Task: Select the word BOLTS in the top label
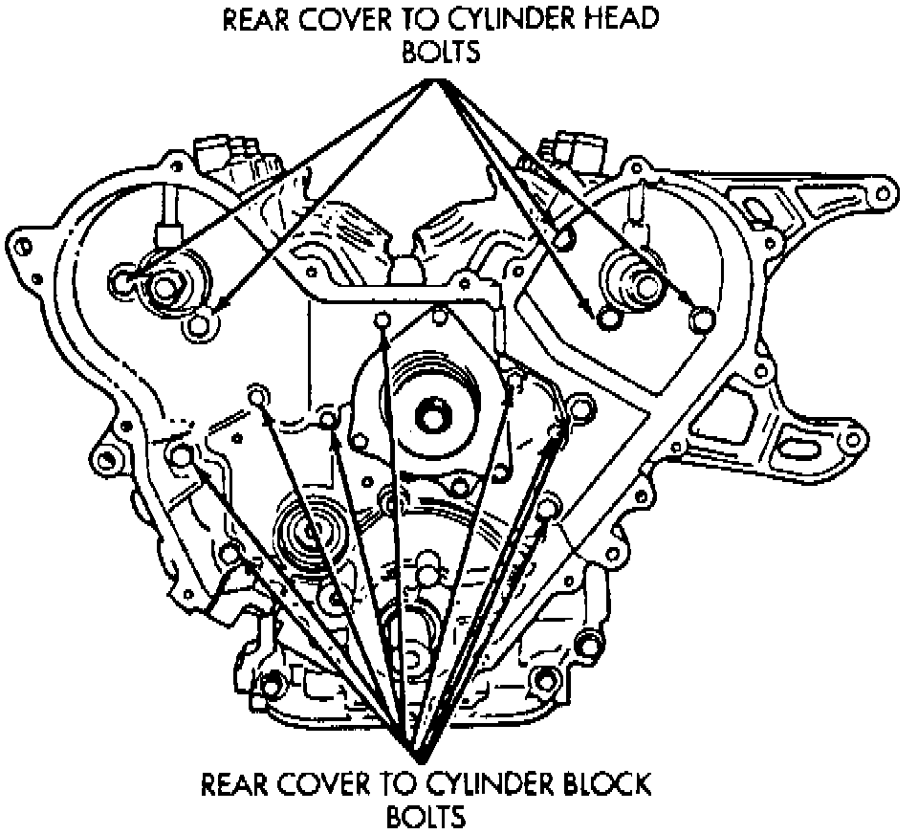440,53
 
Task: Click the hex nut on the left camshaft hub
171,284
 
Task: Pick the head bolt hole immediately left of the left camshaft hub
122,280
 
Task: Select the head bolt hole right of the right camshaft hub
701,318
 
